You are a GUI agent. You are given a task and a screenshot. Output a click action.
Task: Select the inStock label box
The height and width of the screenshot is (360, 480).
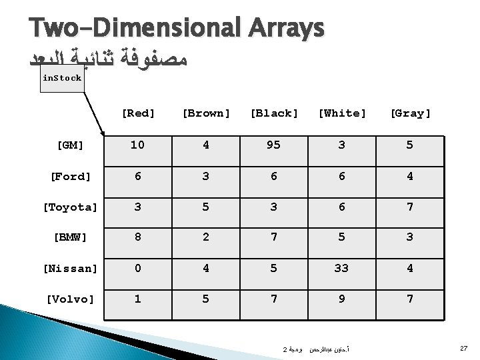click(x=61, y=78)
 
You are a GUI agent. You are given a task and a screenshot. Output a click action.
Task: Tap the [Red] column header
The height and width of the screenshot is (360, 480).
click(x=138, y=113)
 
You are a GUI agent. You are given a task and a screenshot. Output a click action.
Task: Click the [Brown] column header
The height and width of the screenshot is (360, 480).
click(x=206, y=113)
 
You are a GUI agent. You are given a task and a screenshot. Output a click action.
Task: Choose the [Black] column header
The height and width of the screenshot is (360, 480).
click(x=274, y=113)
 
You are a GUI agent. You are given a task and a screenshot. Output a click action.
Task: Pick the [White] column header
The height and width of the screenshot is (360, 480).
click(x=342, y=113)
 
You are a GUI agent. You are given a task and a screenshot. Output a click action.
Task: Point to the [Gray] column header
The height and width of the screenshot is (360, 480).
click(x=410, y=113)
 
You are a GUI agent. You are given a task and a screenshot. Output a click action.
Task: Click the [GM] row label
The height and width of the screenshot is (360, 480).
click(x=70, y=145)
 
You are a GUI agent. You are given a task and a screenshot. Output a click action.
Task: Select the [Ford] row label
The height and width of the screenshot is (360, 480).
click(x=70, y=176)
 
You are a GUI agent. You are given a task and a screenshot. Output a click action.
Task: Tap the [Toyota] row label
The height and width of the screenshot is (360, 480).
click(x=70, y=207)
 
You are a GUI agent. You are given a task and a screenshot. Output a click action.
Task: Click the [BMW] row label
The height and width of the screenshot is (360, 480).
click(x=70, y=237)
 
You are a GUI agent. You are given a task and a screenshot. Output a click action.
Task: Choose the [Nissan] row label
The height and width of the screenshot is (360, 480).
click(x=70, y=268)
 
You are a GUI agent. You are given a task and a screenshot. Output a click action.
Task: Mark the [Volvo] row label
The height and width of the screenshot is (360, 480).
click(x=70, y=299)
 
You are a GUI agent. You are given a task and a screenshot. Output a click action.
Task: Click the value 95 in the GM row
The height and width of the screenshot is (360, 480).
click(x=274, y=145)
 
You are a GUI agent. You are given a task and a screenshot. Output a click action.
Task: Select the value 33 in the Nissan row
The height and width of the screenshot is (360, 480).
click(x=342, y=268)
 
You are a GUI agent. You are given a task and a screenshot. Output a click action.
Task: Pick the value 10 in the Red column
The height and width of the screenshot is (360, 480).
click(x=138, y=145)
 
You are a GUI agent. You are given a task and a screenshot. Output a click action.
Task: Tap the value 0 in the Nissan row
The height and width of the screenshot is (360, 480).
click(x=138, y=268)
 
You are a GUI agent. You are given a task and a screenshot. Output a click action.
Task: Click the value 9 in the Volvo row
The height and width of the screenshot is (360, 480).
click(x=342, y=299)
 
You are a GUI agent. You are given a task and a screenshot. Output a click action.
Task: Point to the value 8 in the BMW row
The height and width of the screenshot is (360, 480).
click(x=138, y=237)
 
